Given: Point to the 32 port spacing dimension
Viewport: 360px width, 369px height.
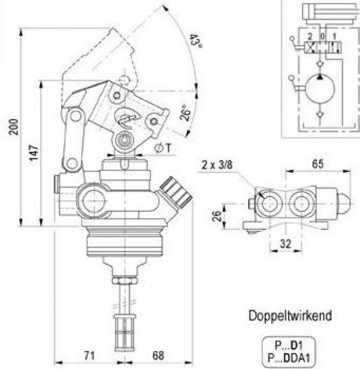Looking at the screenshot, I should click(x=286, y=244).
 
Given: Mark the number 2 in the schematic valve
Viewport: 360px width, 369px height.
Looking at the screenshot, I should click(x=311, y=36).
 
